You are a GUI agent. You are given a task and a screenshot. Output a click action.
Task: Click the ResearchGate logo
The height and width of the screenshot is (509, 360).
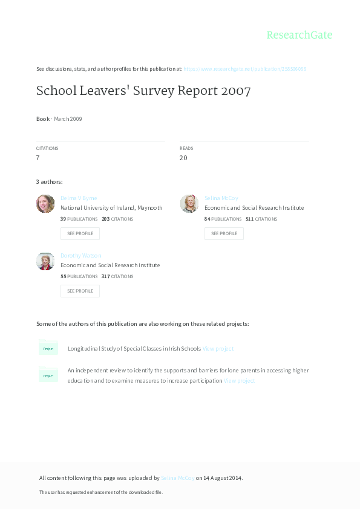[x=299, y=35]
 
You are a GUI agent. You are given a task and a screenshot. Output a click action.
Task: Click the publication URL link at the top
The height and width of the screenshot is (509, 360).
[x=244, y=69]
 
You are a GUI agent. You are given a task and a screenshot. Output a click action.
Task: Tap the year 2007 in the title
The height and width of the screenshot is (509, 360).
[x=235, y=91]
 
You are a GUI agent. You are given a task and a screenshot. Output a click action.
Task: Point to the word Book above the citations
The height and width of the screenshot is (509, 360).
[x=43, y=119]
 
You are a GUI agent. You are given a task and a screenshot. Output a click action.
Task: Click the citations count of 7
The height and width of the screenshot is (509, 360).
[x=38, y=158]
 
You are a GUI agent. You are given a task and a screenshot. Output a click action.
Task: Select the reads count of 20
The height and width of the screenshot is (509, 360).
[x=183, y=158]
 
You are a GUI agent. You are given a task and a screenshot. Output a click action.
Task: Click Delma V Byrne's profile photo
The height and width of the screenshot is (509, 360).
[x=45, y=204]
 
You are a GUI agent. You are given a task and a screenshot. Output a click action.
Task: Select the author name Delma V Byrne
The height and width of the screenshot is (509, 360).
[x=79, y=198]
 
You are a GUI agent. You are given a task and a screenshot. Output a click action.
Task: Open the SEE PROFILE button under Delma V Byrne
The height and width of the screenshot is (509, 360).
[x=80, y=233]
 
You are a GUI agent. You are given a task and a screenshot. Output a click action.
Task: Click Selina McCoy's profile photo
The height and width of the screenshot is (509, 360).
[x=189, y=204]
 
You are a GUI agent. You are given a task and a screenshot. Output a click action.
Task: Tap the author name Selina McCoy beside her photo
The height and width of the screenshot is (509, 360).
[x=221, y=198]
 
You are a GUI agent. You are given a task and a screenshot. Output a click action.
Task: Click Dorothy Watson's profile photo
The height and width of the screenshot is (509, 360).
[x=45, y=261]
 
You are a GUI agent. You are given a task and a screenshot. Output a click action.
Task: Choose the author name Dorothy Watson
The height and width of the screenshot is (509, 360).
[x=81, y=256]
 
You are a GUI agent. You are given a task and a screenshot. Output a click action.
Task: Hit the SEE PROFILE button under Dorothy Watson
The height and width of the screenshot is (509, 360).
[x=80, y=291]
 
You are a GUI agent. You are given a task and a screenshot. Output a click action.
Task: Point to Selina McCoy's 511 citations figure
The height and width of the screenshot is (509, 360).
[x=249, y=219]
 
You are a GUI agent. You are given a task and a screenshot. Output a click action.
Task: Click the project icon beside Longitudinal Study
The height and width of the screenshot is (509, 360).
[x=48, y=348]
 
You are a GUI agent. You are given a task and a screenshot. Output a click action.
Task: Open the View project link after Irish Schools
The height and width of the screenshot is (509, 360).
[x=218, y=349]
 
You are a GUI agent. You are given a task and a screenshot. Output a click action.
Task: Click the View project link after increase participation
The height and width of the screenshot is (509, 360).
[x=240, y=381]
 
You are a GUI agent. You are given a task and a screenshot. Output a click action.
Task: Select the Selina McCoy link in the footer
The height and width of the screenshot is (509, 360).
[x=178, y=478]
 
